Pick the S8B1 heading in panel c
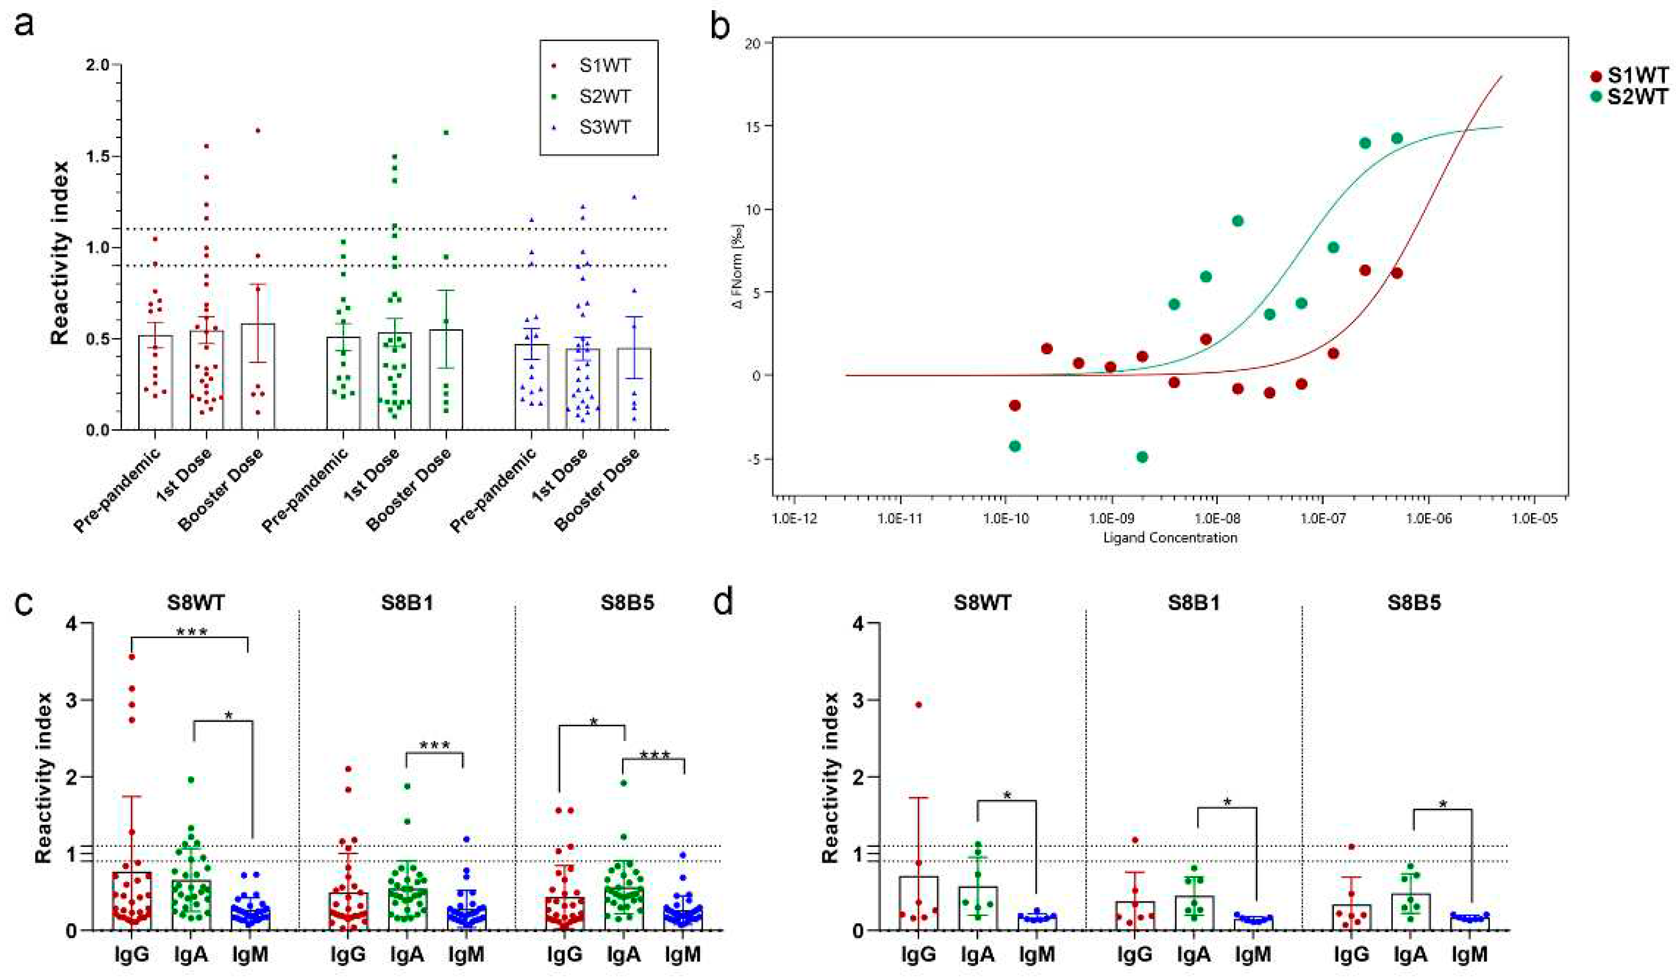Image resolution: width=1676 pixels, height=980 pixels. point(407,603)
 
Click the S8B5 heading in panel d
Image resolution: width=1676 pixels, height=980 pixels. point(1414,603)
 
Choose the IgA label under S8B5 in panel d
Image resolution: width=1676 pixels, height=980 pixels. point(1410,955)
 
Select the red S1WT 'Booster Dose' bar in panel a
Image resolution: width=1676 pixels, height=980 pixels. point(258,377)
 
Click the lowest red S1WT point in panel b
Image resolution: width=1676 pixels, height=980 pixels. point(1014,405)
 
